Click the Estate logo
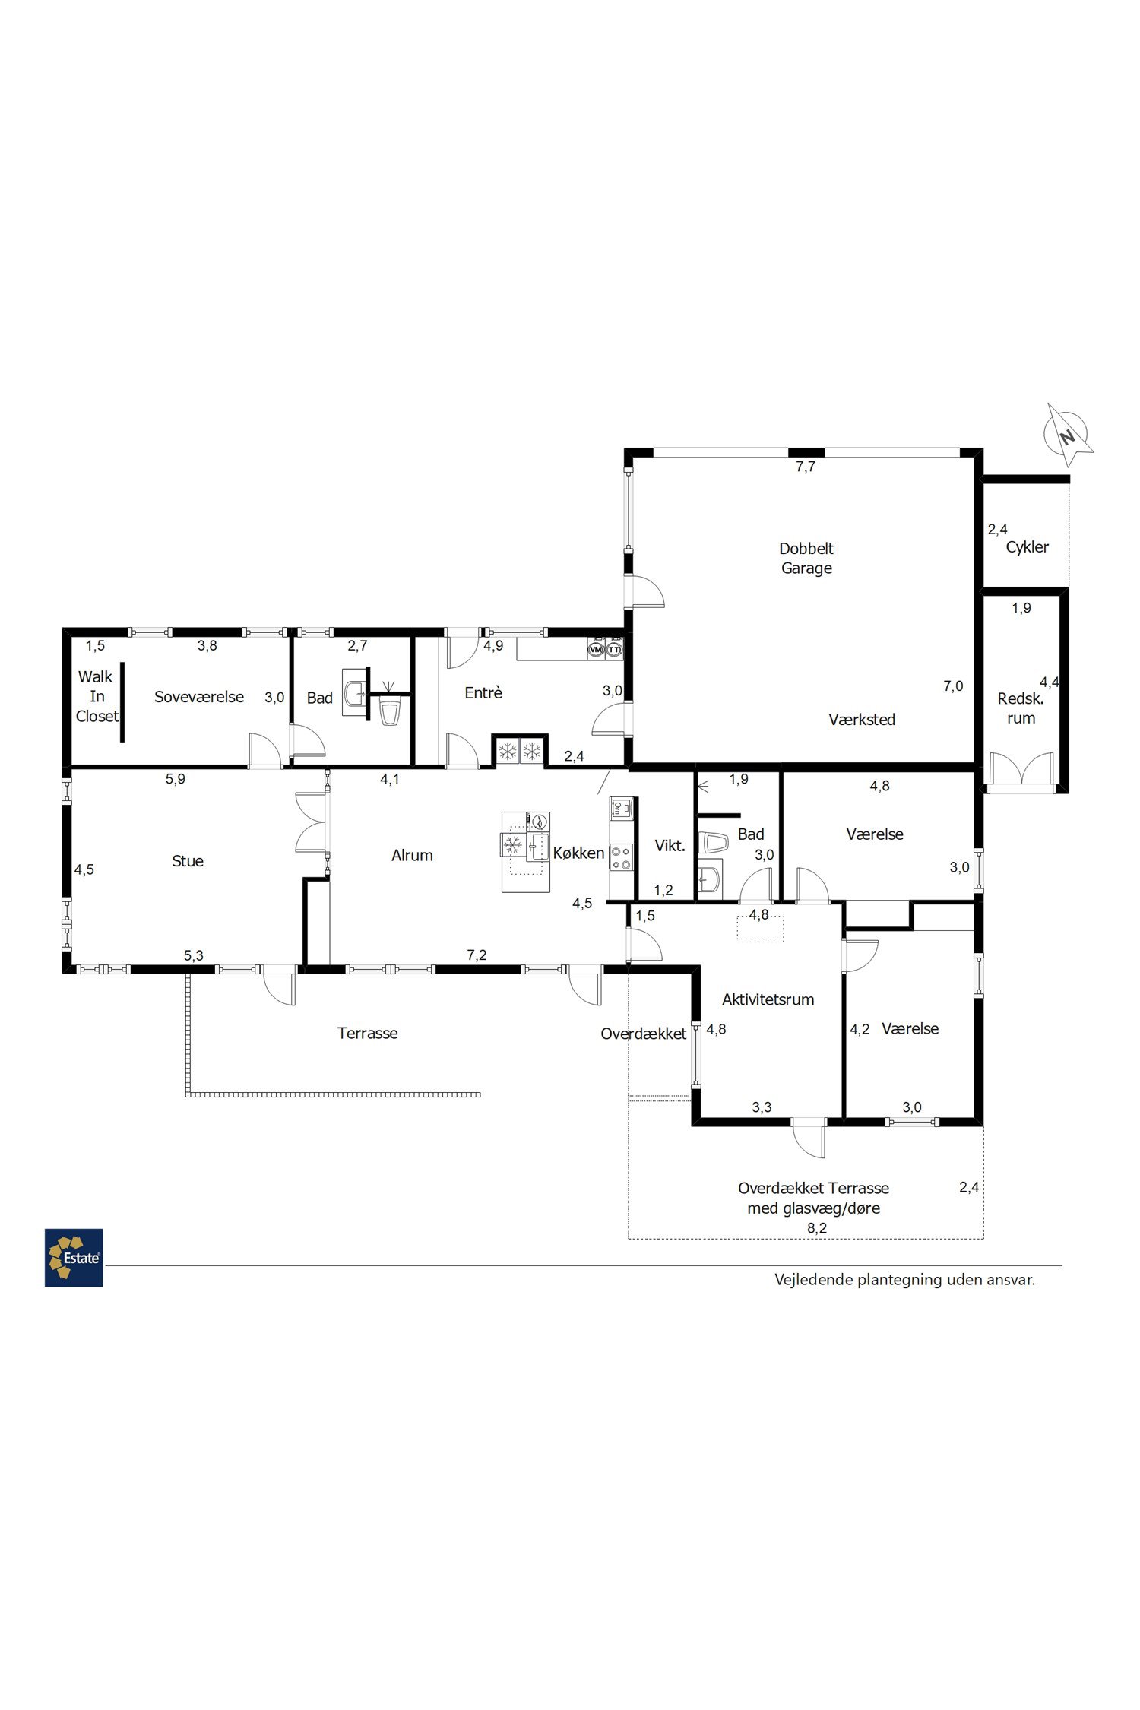pyautogui.click(x=74, y=1258)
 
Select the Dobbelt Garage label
pyautogui.click(x=806, y=558)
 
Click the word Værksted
pyautogui.click(x=862, y=719)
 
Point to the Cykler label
pyautogui.click(x=1027, y=547)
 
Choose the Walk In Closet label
pyautogui.click(x=97, y=696)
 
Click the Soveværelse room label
pyautogui.click(x=199, y=696)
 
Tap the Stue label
pyautogui.click(x=187, y=860)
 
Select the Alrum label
pyautogui.click(x=412, y=855)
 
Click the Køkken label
pyautogui.click(x=578, y=853)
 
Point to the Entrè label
pyautogui.click(x=483, y=692)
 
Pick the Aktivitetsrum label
pyautogui.click(x=768, y=999)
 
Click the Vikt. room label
pyautogui.click(x=670, y=845)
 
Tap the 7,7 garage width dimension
pyautogui.click(x=806, y=467)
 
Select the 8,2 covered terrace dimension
pyautogui.click(x=817, y=1227)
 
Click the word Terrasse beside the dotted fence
pyautogui.click(x=367, y=1033)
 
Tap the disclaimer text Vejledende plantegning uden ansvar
pyautogui.click(x=904, y=1279)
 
